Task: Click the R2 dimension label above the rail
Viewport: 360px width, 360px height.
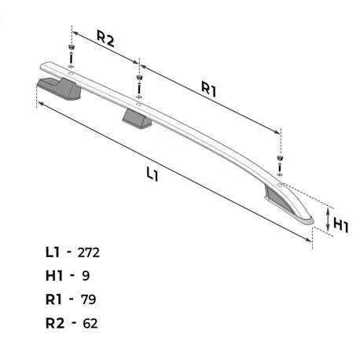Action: (105, 39)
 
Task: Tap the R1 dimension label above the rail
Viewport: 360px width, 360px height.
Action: (209, 89)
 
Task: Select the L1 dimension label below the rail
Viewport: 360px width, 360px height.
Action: (152, 174)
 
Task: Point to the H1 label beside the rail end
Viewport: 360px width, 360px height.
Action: (341, 226)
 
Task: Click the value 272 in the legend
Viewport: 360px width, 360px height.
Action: (89, 253)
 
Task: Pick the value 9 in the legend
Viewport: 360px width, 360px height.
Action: (86, 276)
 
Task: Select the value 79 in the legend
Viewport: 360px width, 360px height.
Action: (88, 299)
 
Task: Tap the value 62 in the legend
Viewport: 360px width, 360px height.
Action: (90, 323)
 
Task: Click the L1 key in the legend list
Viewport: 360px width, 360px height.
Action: (53, 252)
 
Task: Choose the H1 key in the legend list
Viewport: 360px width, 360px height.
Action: (54, 276)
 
